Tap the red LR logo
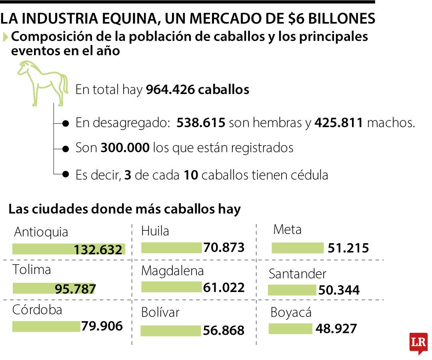click(x=418, y=342)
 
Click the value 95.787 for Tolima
click(x=75, y=289)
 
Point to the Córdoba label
click(x=37, y=310)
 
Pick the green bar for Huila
click(x=172, y=248)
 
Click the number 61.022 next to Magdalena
click(x=224, y=287)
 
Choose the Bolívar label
click(x=160, y=312)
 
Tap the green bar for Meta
click(x=297, y=248)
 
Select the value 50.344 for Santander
click(x=339, y=290)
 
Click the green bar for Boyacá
click(x=290, y=329)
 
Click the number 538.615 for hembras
click(x=201, y=123)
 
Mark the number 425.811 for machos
click(x=339, y=123)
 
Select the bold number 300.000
click(x=125, y=148)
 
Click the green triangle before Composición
click(x=5, y=37)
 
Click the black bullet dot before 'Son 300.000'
click(x=66, y=148)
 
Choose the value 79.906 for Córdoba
click(x=102, y=326)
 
